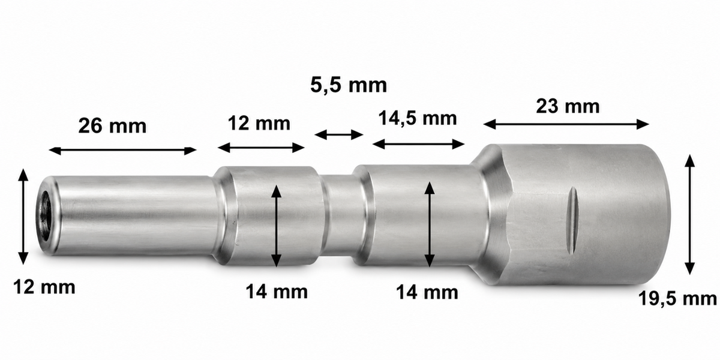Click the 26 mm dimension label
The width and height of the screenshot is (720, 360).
[x=112, y=125]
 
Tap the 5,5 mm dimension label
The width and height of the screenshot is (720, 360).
[x=349, y=85]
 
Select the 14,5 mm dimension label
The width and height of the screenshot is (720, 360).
[x=418, y=118]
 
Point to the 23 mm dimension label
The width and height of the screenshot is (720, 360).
[x=568, y=106]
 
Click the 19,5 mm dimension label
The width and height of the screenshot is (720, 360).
[x=677, y=299]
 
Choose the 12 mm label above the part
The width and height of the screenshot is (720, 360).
[x=259, y=123]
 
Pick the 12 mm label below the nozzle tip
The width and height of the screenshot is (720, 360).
[x=44, y=287]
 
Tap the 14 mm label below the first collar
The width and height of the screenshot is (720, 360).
[x=277, y=292]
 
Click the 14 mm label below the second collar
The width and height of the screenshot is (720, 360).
[x=427, y=293]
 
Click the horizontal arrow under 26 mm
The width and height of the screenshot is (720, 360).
[x=122, y=150]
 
